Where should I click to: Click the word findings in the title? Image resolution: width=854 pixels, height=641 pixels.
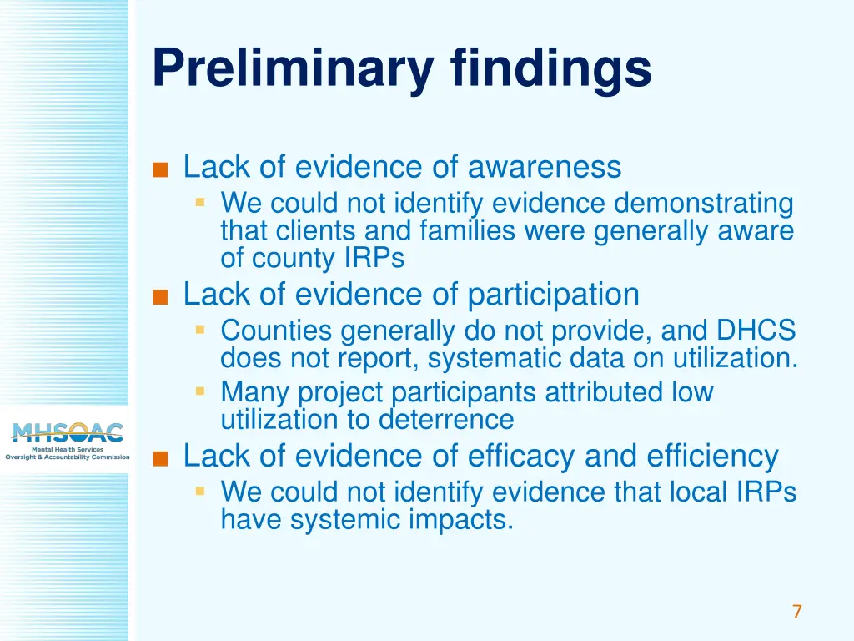551,68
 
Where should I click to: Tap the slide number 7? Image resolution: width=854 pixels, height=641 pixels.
796,612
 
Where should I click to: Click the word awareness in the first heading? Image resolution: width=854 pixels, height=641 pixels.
545,167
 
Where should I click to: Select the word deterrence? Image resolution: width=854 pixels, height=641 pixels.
446,418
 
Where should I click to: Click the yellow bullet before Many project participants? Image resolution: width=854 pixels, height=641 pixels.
200,391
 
